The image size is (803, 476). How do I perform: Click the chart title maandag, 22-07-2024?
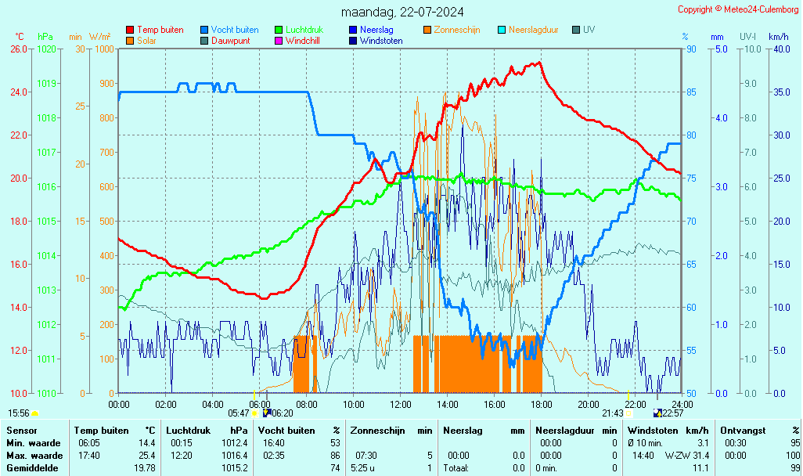click(x=401, y=12)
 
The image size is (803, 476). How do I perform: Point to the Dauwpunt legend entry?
click(x=230, y=41)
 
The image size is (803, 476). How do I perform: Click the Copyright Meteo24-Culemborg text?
click(x=737, y=9)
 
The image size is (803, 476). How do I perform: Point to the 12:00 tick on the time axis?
click(x=401, y=404)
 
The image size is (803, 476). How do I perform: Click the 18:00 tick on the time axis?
click(x=542, y=404)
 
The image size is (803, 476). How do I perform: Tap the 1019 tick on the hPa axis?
click(x=47, y=83)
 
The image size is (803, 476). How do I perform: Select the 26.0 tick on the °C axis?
click(x=18, y=49)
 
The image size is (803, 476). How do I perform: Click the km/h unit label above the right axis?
click(x=778, y=37)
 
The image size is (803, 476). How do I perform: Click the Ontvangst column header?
click(x=743, y=431)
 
